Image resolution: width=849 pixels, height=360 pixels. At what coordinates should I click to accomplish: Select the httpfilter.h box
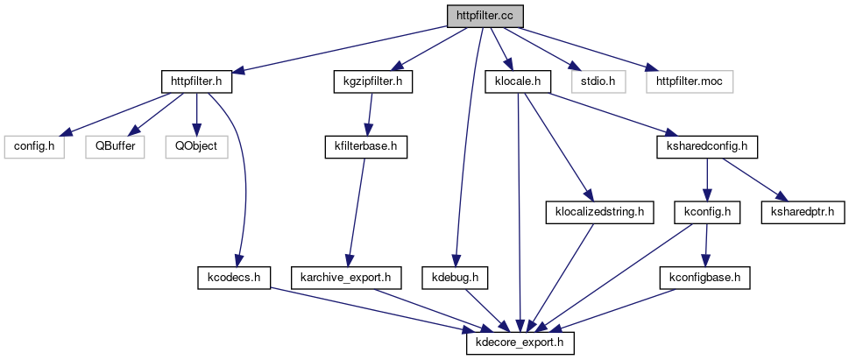202,81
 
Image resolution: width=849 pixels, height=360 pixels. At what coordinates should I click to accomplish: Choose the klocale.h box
517,81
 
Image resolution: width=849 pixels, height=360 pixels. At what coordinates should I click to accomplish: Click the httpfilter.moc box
689,81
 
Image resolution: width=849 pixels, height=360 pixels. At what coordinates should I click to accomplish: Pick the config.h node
34,145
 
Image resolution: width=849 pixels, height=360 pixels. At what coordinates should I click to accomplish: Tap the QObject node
195,145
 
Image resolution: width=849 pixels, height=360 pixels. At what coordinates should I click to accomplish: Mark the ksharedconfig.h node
706,145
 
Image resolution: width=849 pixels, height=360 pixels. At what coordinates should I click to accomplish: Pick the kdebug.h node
455,278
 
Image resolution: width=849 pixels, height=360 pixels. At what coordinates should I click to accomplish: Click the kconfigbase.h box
705,278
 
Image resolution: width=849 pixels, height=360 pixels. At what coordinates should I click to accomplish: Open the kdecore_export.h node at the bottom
520,341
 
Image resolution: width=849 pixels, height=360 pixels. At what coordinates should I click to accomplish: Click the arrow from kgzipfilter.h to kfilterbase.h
368,113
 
